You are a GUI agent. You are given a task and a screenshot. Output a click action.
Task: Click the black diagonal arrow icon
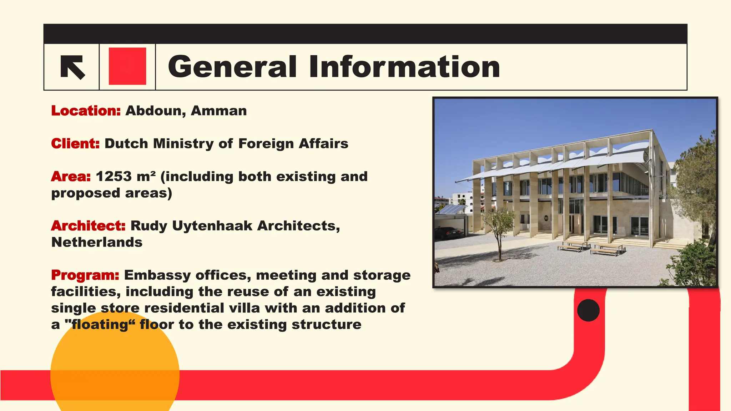click(73, 67)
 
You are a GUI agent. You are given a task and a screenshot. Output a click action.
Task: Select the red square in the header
click(127, 66)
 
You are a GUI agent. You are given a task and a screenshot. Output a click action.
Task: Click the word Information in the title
click(404, 67)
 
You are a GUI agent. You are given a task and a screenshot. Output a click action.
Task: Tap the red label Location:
click(86, 111)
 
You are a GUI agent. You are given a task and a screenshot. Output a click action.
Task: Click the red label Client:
click(75, 143)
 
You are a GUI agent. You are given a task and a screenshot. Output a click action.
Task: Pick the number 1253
click(114, 176)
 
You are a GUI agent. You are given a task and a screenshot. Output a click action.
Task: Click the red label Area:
click(71, 176)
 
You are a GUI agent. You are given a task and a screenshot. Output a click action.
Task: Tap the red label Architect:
click(88, 225)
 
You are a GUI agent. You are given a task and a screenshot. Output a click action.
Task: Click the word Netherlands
click(97, 242)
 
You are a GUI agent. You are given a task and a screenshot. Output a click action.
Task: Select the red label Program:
click(85, 275)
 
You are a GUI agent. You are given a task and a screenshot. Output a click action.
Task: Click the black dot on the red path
click(588, 310)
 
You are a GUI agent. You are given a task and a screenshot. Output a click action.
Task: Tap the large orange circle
click(115, 371)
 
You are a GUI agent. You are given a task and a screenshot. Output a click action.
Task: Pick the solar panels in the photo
click(450, 209)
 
